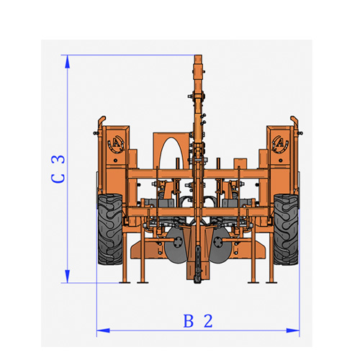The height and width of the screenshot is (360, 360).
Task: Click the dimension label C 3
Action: pyautogui.click(x=58, y=169)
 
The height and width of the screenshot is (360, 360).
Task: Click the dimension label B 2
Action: pyautogui.click(x=198, y=321)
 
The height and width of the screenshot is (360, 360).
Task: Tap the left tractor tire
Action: pyautogui.click(x=110, y=229)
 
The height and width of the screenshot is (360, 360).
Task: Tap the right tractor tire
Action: pyautogui.click(x=286, y=229)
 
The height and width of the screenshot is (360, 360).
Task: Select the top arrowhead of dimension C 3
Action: pyautogui.click(x=68, y=62)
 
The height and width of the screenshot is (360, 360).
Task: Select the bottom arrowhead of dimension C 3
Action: pyautogui.click(x=68, y=276)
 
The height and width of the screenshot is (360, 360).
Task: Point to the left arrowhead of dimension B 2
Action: pyautogui.click(x=103, y=330)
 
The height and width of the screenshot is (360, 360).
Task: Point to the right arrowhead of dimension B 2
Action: pyautogui.click(x=293, y=330)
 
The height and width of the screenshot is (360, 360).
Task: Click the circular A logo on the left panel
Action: pyautogui.click(x=116, y=144)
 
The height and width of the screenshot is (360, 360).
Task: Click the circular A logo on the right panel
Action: pyautogui.click(x=280, y=144)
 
